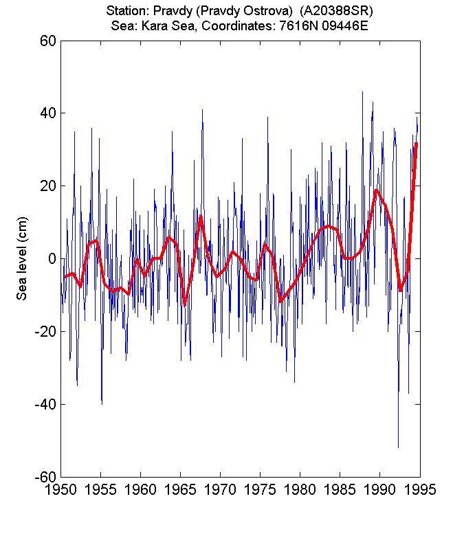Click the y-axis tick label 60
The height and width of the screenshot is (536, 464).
47,41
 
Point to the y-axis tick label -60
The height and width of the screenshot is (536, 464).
45,476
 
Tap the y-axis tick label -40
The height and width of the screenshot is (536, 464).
45,404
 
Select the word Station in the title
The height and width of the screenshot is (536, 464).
126,12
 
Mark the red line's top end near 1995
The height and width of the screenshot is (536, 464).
417,143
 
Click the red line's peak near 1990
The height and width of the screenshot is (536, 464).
377,190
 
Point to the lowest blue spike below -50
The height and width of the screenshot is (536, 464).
398,447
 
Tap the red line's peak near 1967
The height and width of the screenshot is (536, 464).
201,216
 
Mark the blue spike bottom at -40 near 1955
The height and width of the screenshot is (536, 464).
102,403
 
